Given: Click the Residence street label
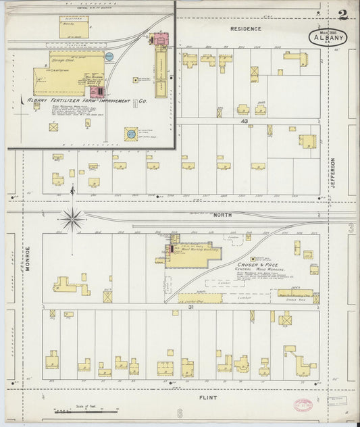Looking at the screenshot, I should [x=245, y=29].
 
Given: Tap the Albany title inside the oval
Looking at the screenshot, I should [x=328, y=39].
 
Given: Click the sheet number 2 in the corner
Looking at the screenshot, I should [x=344, y=15].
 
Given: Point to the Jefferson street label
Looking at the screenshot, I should [x=333, y=173].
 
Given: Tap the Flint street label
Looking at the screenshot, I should [x=208, y=398].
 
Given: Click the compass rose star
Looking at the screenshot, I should [x=72, y=218].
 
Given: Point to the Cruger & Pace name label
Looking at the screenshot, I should [x=257, y=264].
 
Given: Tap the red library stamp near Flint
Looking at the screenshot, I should [x=303, y=405].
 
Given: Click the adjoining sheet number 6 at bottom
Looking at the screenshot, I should [x=180, y=413].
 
